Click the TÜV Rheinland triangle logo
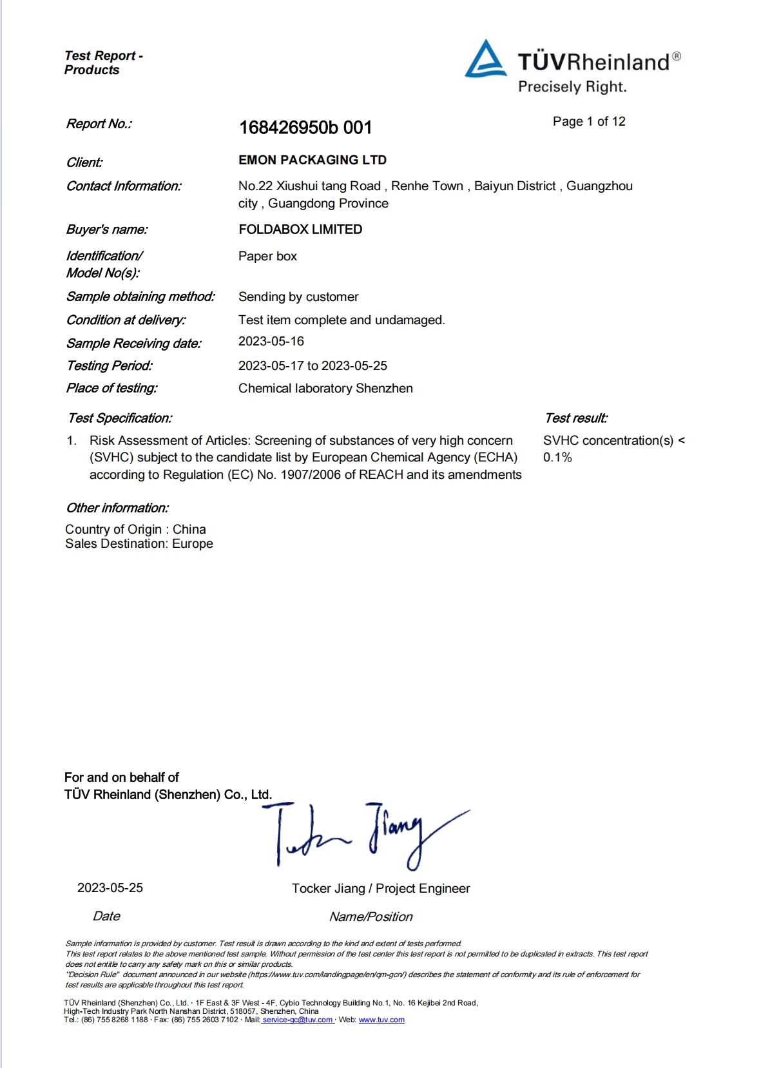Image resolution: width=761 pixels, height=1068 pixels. [485, 60]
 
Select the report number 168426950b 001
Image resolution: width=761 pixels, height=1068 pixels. [305, 128]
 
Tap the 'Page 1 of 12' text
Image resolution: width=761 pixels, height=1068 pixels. [589, 122]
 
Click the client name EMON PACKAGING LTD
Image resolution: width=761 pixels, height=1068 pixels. [313, 160]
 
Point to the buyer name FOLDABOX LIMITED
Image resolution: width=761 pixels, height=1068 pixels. [300, 229]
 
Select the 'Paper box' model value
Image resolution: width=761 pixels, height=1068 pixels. [267, 256]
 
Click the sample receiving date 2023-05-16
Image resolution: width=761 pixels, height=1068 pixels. [271, 341]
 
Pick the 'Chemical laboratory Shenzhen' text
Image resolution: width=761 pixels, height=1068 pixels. [325, 388]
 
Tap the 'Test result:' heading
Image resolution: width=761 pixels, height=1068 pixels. [575, 418]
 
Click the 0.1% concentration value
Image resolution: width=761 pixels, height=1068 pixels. [557, 458]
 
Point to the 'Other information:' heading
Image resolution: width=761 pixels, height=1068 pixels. [117, 508]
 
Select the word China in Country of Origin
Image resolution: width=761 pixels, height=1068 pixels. [189, 529]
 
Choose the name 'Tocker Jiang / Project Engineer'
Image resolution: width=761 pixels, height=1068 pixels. [381, 888]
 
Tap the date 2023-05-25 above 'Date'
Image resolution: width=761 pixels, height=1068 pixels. [110, 888]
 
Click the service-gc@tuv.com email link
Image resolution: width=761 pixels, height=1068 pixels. [298, 1020]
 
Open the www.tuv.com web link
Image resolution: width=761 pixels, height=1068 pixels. [381, 1020]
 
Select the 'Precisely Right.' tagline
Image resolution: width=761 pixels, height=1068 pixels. [572, 87]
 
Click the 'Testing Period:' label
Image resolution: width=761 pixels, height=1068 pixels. [110, 365]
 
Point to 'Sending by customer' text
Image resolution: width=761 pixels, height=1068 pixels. [298, 296]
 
